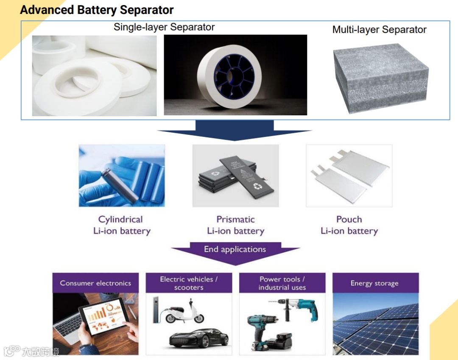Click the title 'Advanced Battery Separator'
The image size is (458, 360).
(97, 10)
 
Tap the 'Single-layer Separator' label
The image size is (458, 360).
(164, 27)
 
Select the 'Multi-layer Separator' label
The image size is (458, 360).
(380, 30)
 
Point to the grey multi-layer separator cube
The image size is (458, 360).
(380, 78)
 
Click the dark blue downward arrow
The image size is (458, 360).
(235, 131)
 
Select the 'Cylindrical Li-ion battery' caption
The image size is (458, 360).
(122, 225)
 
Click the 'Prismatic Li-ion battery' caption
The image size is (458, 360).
(236, 225)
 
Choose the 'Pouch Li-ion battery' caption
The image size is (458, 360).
(349, 225)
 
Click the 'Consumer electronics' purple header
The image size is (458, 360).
(95, 283)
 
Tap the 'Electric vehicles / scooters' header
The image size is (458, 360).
(189, 283)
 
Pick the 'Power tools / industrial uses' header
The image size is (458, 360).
(282, 283)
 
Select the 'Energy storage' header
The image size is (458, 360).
(376, 283)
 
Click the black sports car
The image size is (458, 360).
(199, 339)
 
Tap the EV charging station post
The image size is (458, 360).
(156, 310)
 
